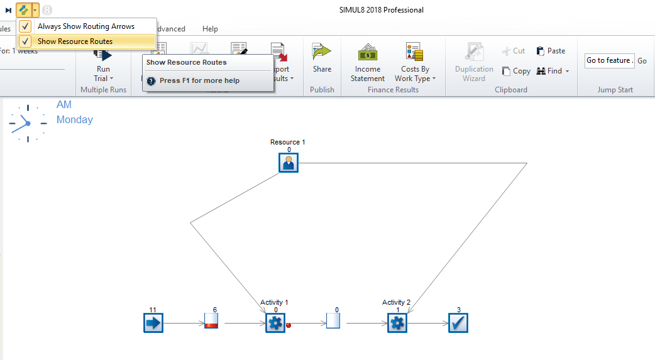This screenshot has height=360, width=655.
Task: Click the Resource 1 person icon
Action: click(x=289, y=163)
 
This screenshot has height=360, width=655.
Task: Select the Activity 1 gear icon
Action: click(x=275, y=324)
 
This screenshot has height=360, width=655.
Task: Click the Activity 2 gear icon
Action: click(x=397, y=324)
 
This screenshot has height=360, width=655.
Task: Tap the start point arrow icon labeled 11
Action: click(x=153, y=324)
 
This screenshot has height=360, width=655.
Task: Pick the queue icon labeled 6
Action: click(x=211, y=321)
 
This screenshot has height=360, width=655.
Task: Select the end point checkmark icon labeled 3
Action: click(x=458, y=324)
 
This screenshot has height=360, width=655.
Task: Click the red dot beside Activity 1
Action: click(x=289, y=325)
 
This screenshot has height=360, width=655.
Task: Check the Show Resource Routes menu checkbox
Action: click(x=25, y=41)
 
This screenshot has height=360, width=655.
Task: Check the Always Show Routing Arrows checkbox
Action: click(x=25, y=26)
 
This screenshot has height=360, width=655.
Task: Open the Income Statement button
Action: click(x=368, y=63)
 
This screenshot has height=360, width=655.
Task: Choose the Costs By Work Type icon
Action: click(x=414, y=53)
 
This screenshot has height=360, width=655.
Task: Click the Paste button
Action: click(x=551, y=51)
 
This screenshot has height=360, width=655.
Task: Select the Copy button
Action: click(x=516, y=71)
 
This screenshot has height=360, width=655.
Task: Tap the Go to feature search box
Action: click(x=608, y=60)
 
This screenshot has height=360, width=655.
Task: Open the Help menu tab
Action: click(x=210, y=29)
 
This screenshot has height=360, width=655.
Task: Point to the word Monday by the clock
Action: click(x=75, y=119)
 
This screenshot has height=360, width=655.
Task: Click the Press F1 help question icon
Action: click(x=151, y=81)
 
